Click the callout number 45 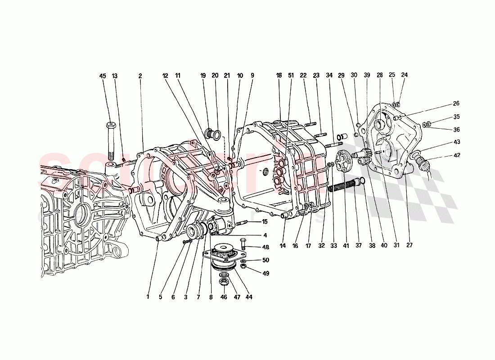103,76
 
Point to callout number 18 279,76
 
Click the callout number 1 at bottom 147,297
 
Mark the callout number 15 265,221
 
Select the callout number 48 265,247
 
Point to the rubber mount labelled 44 223,256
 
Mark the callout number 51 291,76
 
